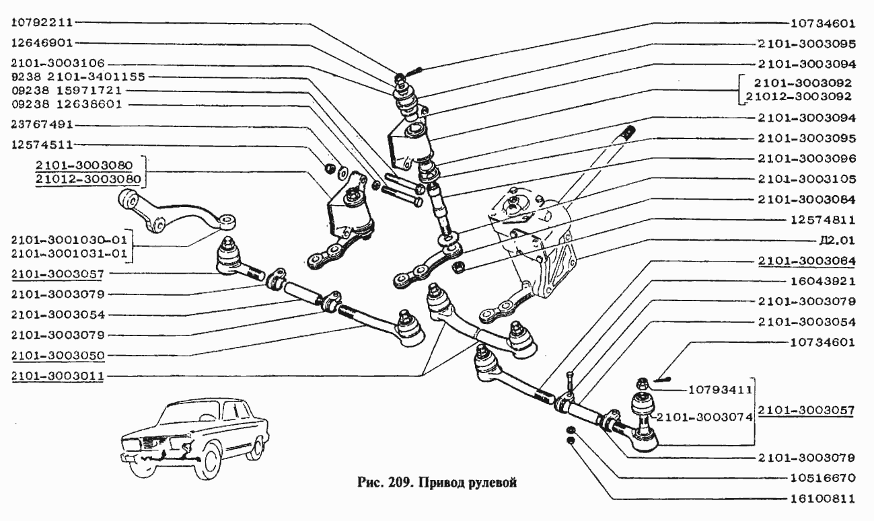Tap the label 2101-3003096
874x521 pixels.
click(x=806, y=159)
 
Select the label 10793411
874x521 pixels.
click(x=721, y=389)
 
